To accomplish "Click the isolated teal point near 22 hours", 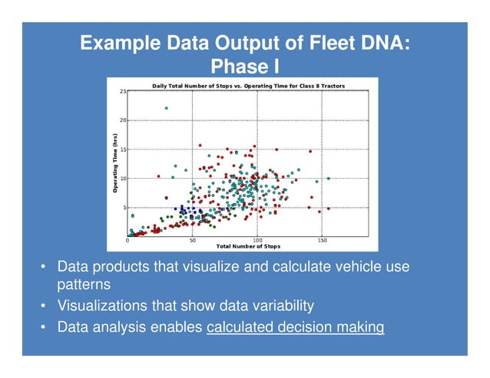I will click(x=166, y=108).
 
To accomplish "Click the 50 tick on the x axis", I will click(x=192, y=241).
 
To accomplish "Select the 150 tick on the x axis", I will click(x=322, y=241).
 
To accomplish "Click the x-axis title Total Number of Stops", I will click(x=248, y=247).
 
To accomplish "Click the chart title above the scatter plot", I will click(x=248, y=85).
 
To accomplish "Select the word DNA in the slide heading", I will click(x=370, y=44).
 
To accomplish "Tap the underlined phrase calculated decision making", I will click(x=296, y=328).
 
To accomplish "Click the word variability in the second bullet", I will click(x=276, y=306).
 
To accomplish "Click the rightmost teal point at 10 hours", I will click(x=329, y=179).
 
